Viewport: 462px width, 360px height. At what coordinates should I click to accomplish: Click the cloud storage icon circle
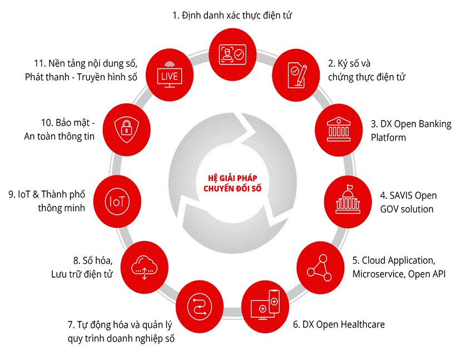coord(142,266)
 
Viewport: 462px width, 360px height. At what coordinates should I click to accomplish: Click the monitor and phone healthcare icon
coord(265,304)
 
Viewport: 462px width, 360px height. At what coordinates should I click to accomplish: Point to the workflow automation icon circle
coord(198,305)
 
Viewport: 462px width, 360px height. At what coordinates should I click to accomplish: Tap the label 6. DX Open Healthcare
coord(339,324)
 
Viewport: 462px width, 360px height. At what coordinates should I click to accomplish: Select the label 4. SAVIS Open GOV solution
coord(408,203)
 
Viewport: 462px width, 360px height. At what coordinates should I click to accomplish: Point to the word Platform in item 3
coord(389,137)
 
